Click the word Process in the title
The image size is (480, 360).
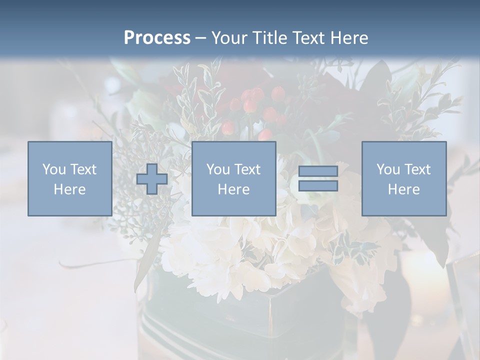157,38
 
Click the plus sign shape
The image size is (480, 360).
152,178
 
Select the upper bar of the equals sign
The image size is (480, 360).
318,171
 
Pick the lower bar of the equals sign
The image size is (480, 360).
318,185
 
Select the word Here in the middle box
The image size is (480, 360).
233,189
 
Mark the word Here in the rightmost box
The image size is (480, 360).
404,189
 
